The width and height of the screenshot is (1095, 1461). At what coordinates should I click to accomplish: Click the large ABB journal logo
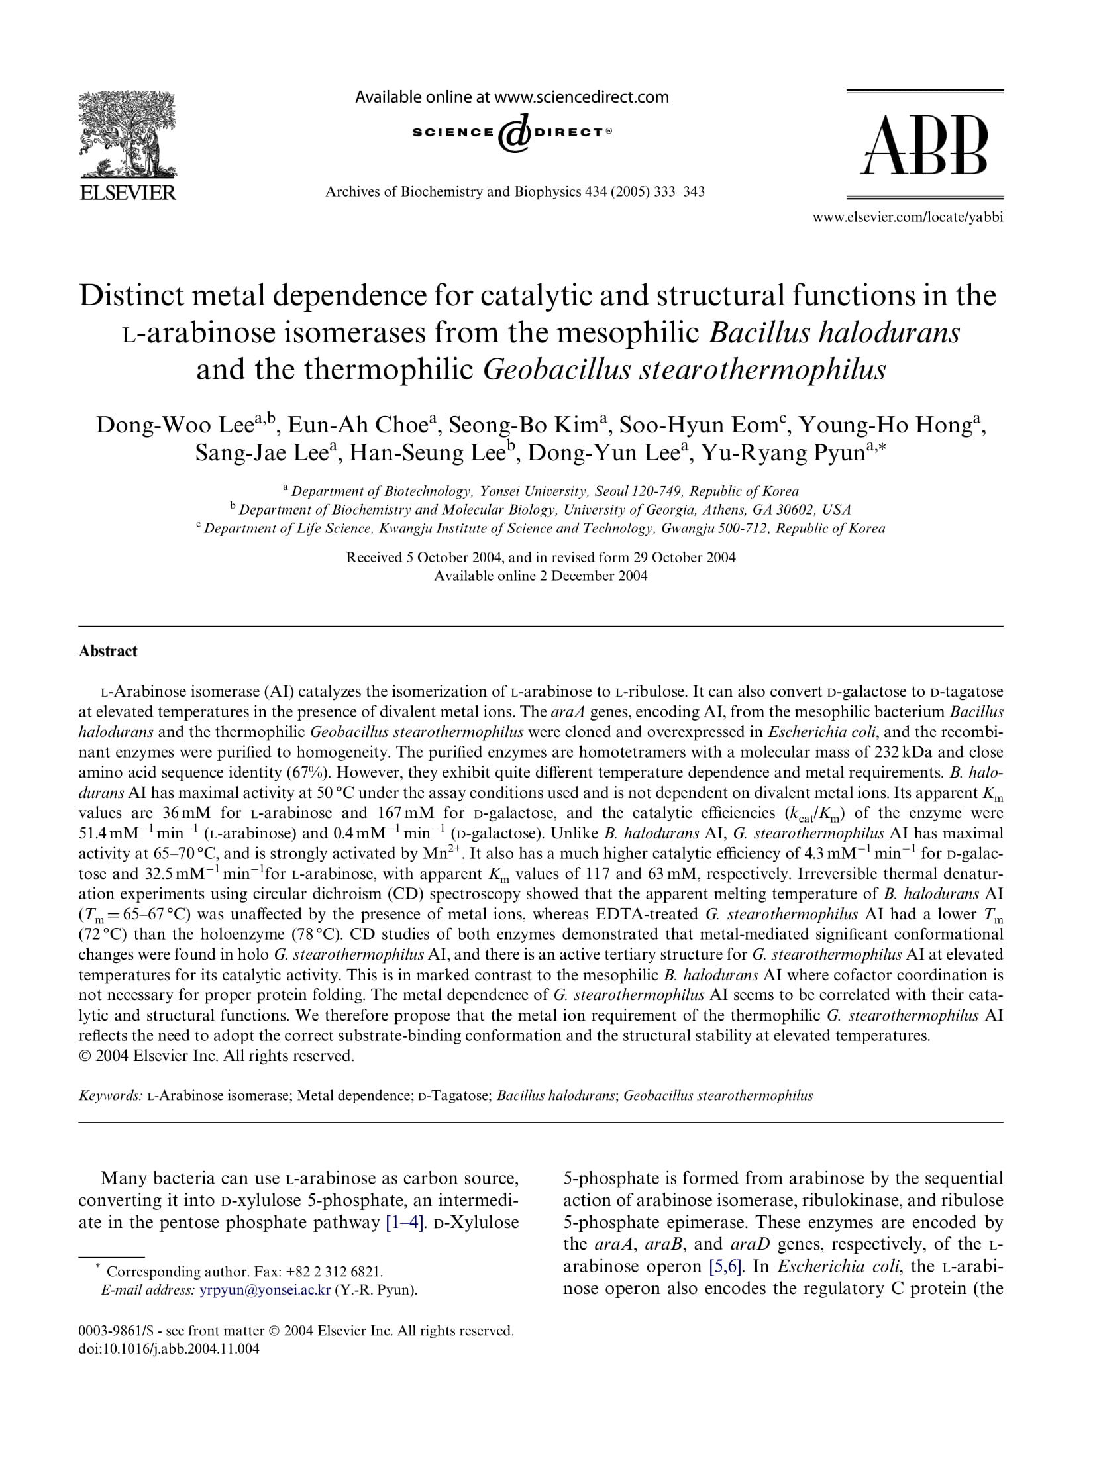[925, 145]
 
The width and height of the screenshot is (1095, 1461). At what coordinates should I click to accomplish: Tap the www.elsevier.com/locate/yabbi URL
[907, 217]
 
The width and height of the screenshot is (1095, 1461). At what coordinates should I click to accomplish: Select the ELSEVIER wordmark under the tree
[128, 193]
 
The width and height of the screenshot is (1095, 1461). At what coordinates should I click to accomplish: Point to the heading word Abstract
[108, 651]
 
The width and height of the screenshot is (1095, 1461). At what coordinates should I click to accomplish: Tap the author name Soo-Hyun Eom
[697, 424]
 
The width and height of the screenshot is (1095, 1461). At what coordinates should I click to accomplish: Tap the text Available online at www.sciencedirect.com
[512, 97]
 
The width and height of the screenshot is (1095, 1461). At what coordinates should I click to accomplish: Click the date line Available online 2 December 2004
[541, 576]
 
